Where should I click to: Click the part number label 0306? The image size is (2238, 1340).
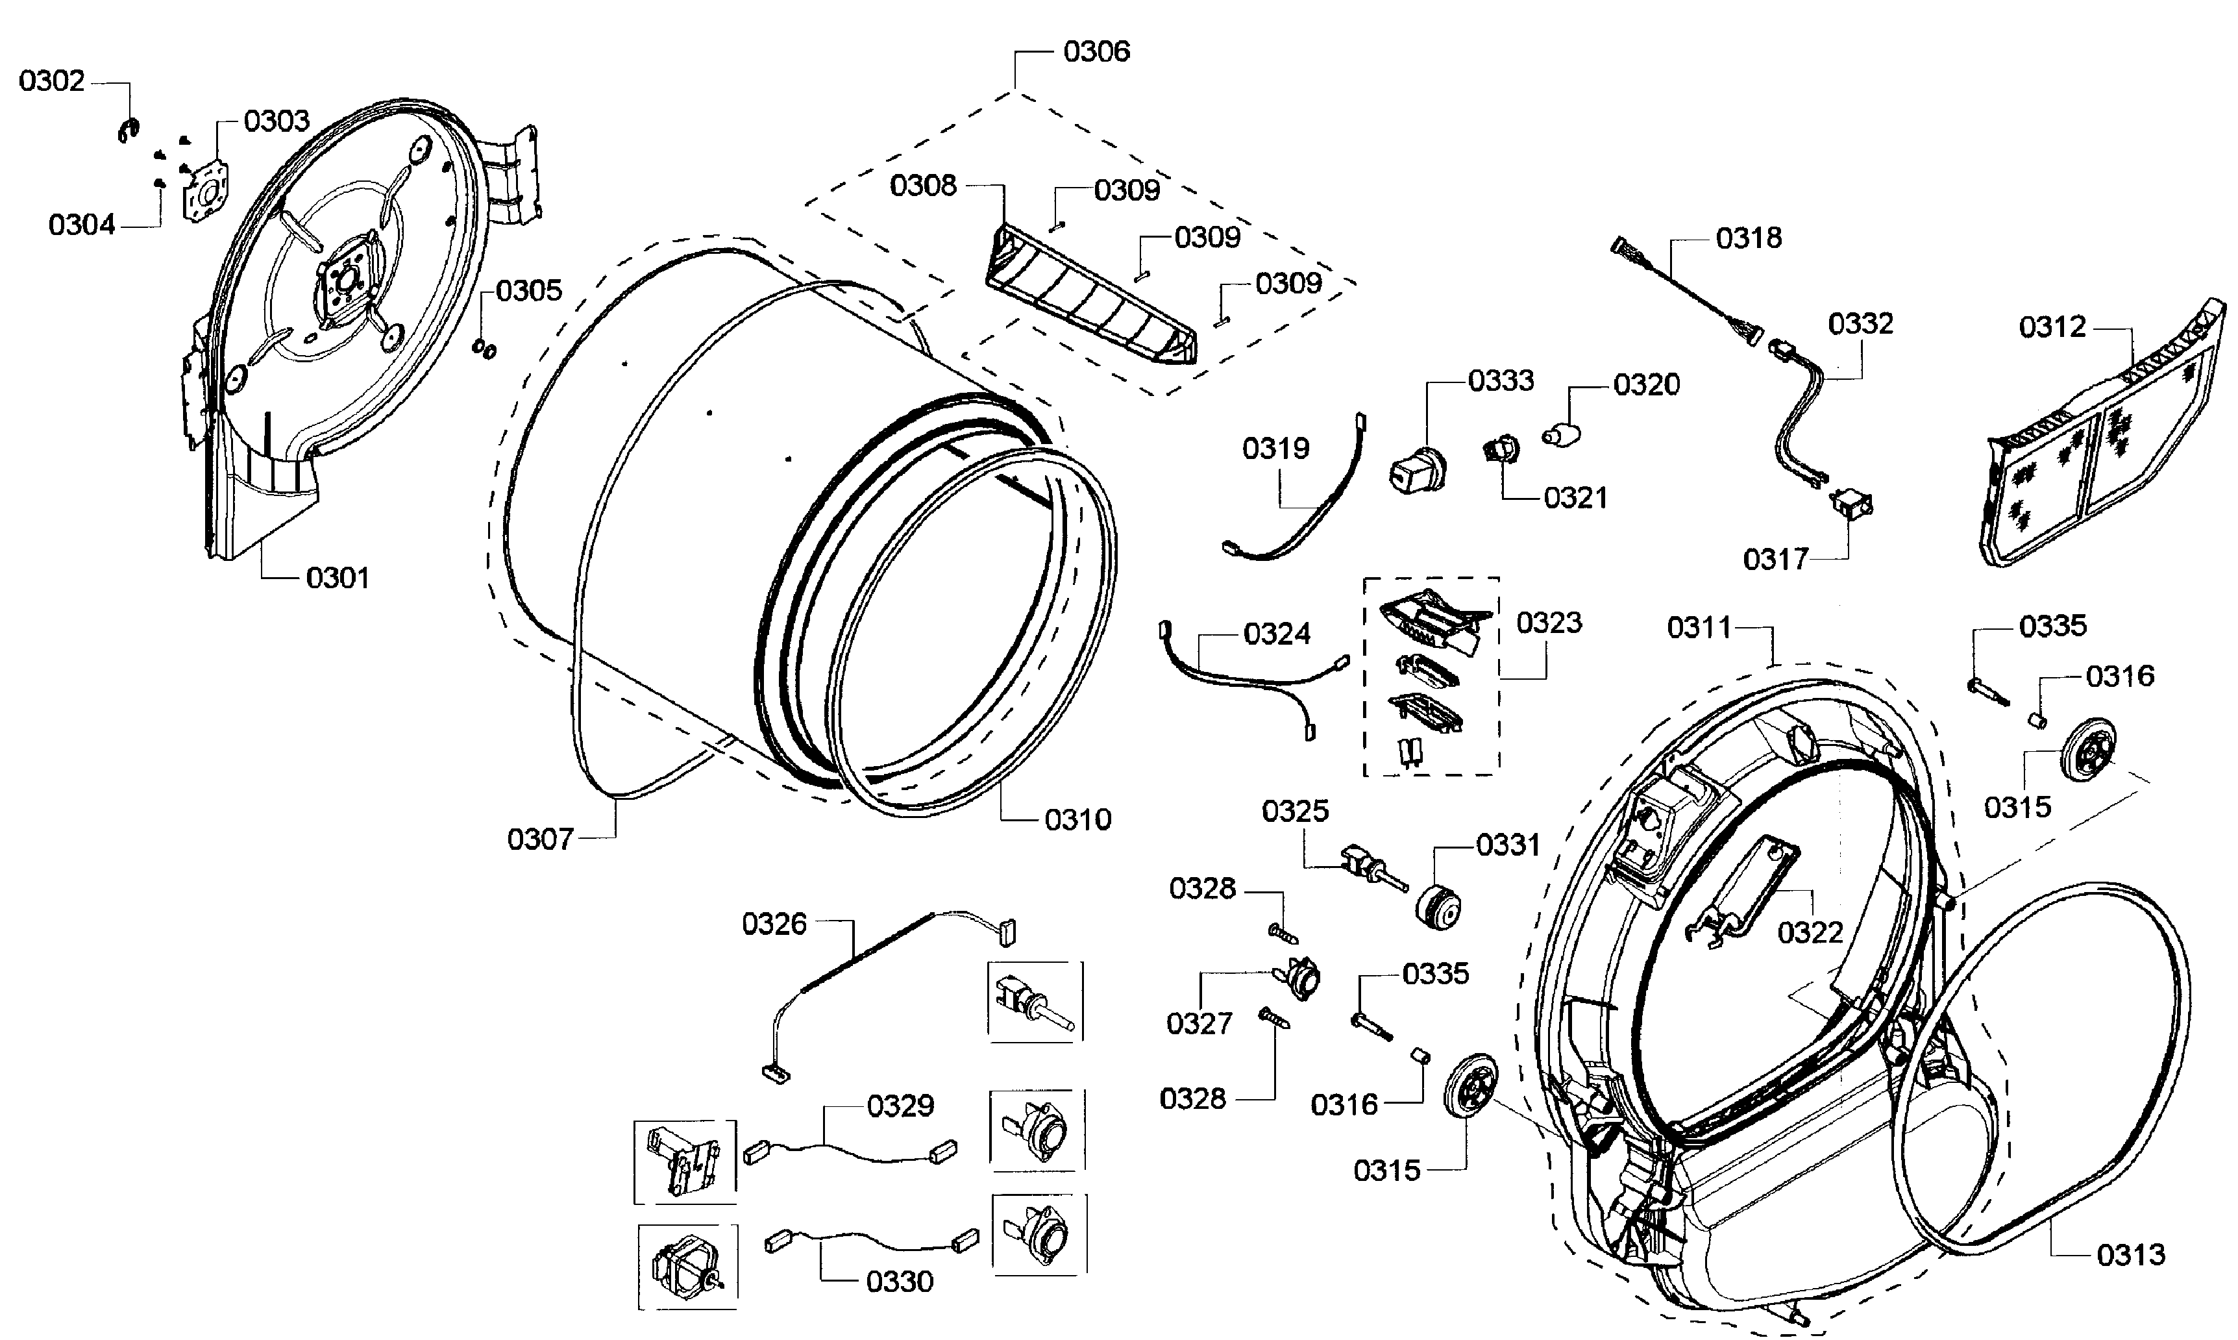point(1096,51)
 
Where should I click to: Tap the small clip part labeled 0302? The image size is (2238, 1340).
point(127,130)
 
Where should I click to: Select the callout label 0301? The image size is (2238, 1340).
point(338,578)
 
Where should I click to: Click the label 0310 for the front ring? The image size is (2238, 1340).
point(1078,820)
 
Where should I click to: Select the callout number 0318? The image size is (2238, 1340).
point(1749,238)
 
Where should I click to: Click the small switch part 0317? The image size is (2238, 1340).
point(1851,504)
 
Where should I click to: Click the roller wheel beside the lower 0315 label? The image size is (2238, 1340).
point(1469,1084)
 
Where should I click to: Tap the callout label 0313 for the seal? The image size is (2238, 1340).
point(2130,1255)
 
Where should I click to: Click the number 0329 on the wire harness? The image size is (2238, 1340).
point(900,1106)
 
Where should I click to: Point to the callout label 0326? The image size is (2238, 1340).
point(774,924)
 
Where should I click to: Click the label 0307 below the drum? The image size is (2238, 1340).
point(540,839)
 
